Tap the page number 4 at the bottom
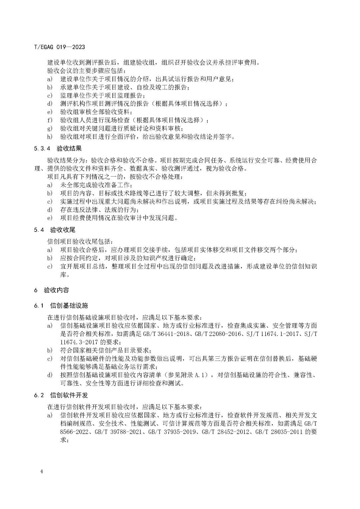point(41,471)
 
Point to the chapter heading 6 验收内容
point(51,290)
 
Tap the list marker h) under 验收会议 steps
point(50,137)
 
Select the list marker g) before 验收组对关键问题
point(50,128)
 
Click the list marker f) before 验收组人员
point(50,120)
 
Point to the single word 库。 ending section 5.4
point(65,275)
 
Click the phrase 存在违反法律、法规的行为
point(99,210)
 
